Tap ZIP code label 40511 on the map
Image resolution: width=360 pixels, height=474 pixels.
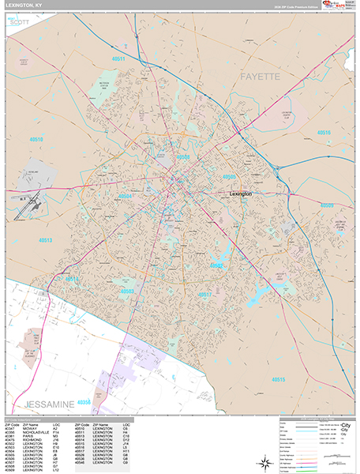click(118, 59)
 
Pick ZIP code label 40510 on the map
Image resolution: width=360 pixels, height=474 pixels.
click(36, 139)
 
